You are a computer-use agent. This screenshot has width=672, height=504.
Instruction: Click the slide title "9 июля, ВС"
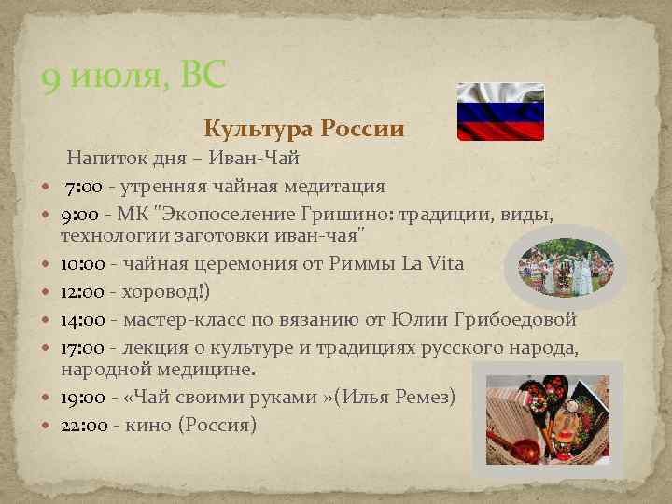[133, 76]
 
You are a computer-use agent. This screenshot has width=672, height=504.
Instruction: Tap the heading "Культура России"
[304, 129]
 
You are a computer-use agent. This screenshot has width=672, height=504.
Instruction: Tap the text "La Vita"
[432, 263]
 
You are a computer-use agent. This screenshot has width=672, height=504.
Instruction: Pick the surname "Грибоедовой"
[521, 320]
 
